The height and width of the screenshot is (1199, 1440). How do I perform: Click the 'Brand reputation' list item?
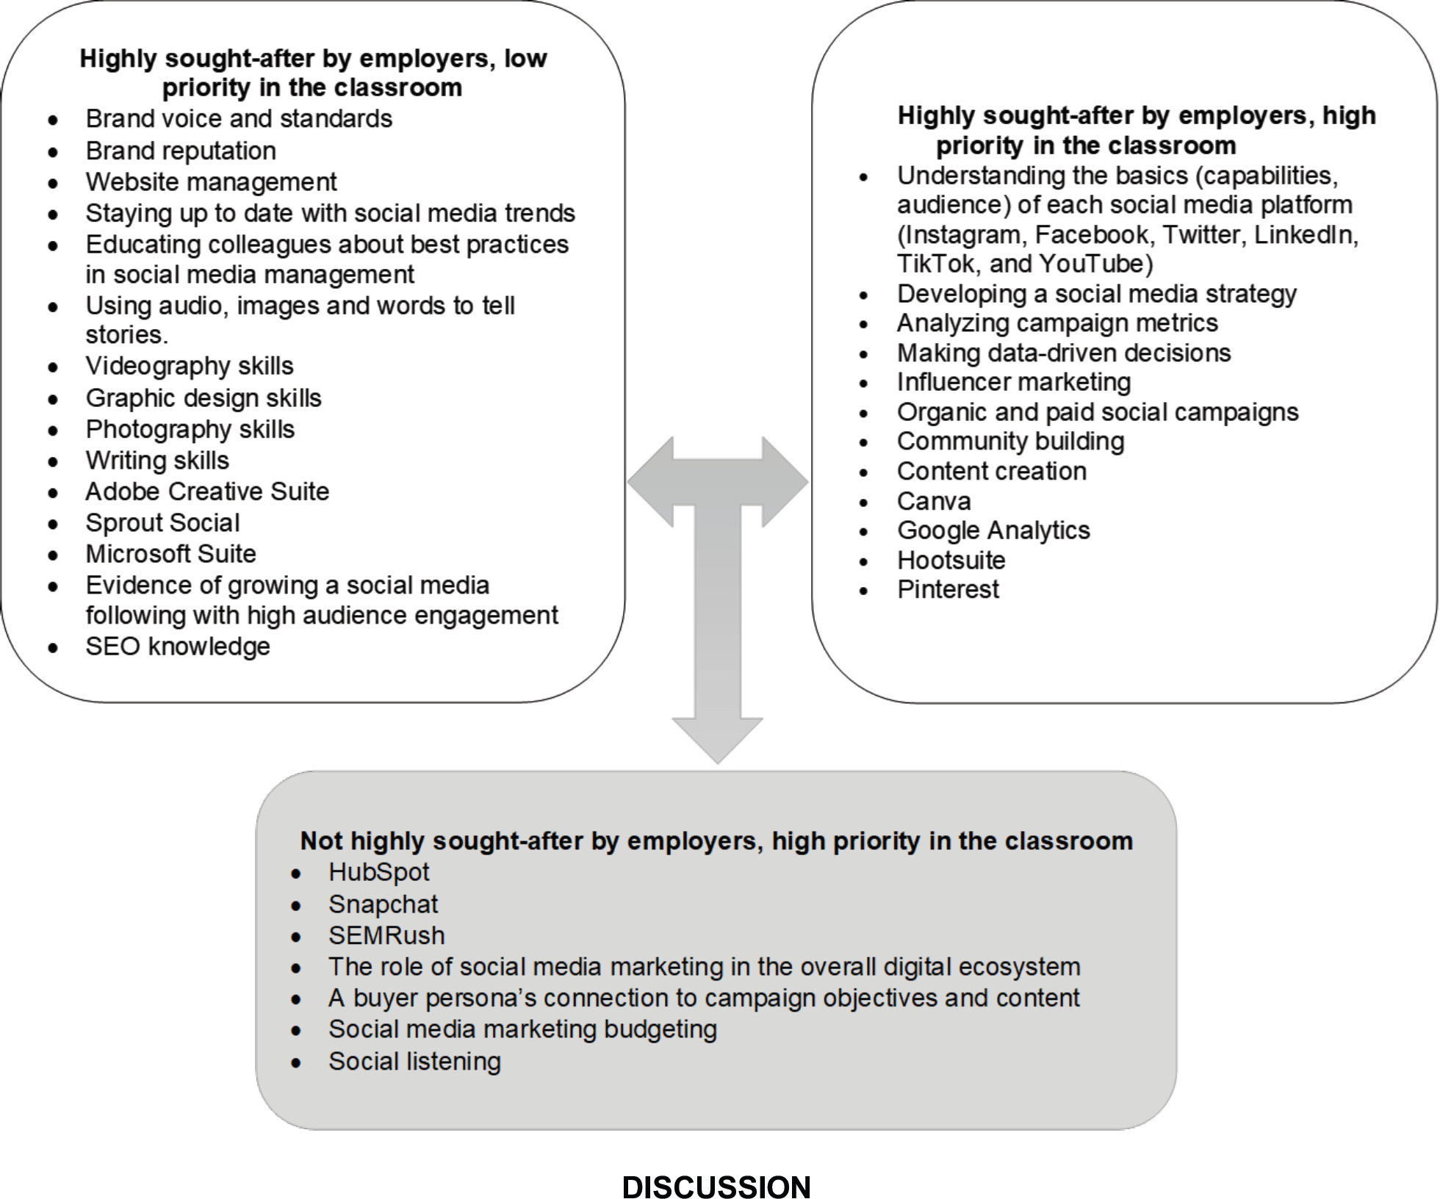[181, 151]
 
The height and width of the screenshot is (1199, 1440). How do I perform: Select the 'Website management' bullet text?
[211, 181]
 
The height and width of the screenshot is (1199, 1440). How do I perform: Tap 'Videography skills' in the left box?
[189, 366]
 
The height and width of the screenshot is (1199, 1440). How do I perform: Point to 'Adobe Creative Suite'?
[207, 491]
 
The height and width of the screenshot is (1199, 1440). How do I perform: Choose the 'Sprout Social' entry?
[162, 522]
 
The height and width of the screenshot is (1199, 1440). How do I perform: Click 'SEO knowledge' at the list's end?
[178, 647]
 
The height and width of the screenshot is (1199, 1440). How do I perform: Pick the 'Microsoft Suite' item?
[170, 553]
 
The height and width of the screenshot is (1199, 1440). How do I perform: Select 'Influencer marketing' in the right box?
[1014, 382]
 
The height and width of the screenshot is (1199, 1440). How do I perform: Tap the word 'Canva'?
[934, 501]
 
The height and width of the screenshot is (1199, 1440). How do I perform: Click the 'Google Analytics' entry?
[993, 530]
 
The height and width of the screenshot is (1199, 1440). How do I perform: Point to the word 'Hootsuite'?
[951, 561]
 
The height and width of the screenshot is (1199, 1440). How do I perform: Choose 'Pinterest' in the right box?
[948, 589]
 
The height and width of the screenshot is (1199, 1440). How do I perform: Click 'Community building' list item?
[1010, 442]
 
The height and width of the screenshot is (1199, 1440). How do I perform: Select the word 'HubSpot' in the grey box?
[378, 872]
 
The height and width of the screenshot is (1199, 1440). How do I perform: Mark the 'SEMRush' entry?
[386, 935]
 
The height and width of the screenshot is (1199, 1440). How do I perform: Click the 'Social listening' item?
[414, 1061]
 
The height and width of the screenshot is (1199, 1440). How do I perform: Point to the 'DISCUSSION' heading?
[716, 1187]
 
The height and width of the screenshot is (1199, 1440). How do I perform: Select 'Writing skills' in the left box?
[157, 460]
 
